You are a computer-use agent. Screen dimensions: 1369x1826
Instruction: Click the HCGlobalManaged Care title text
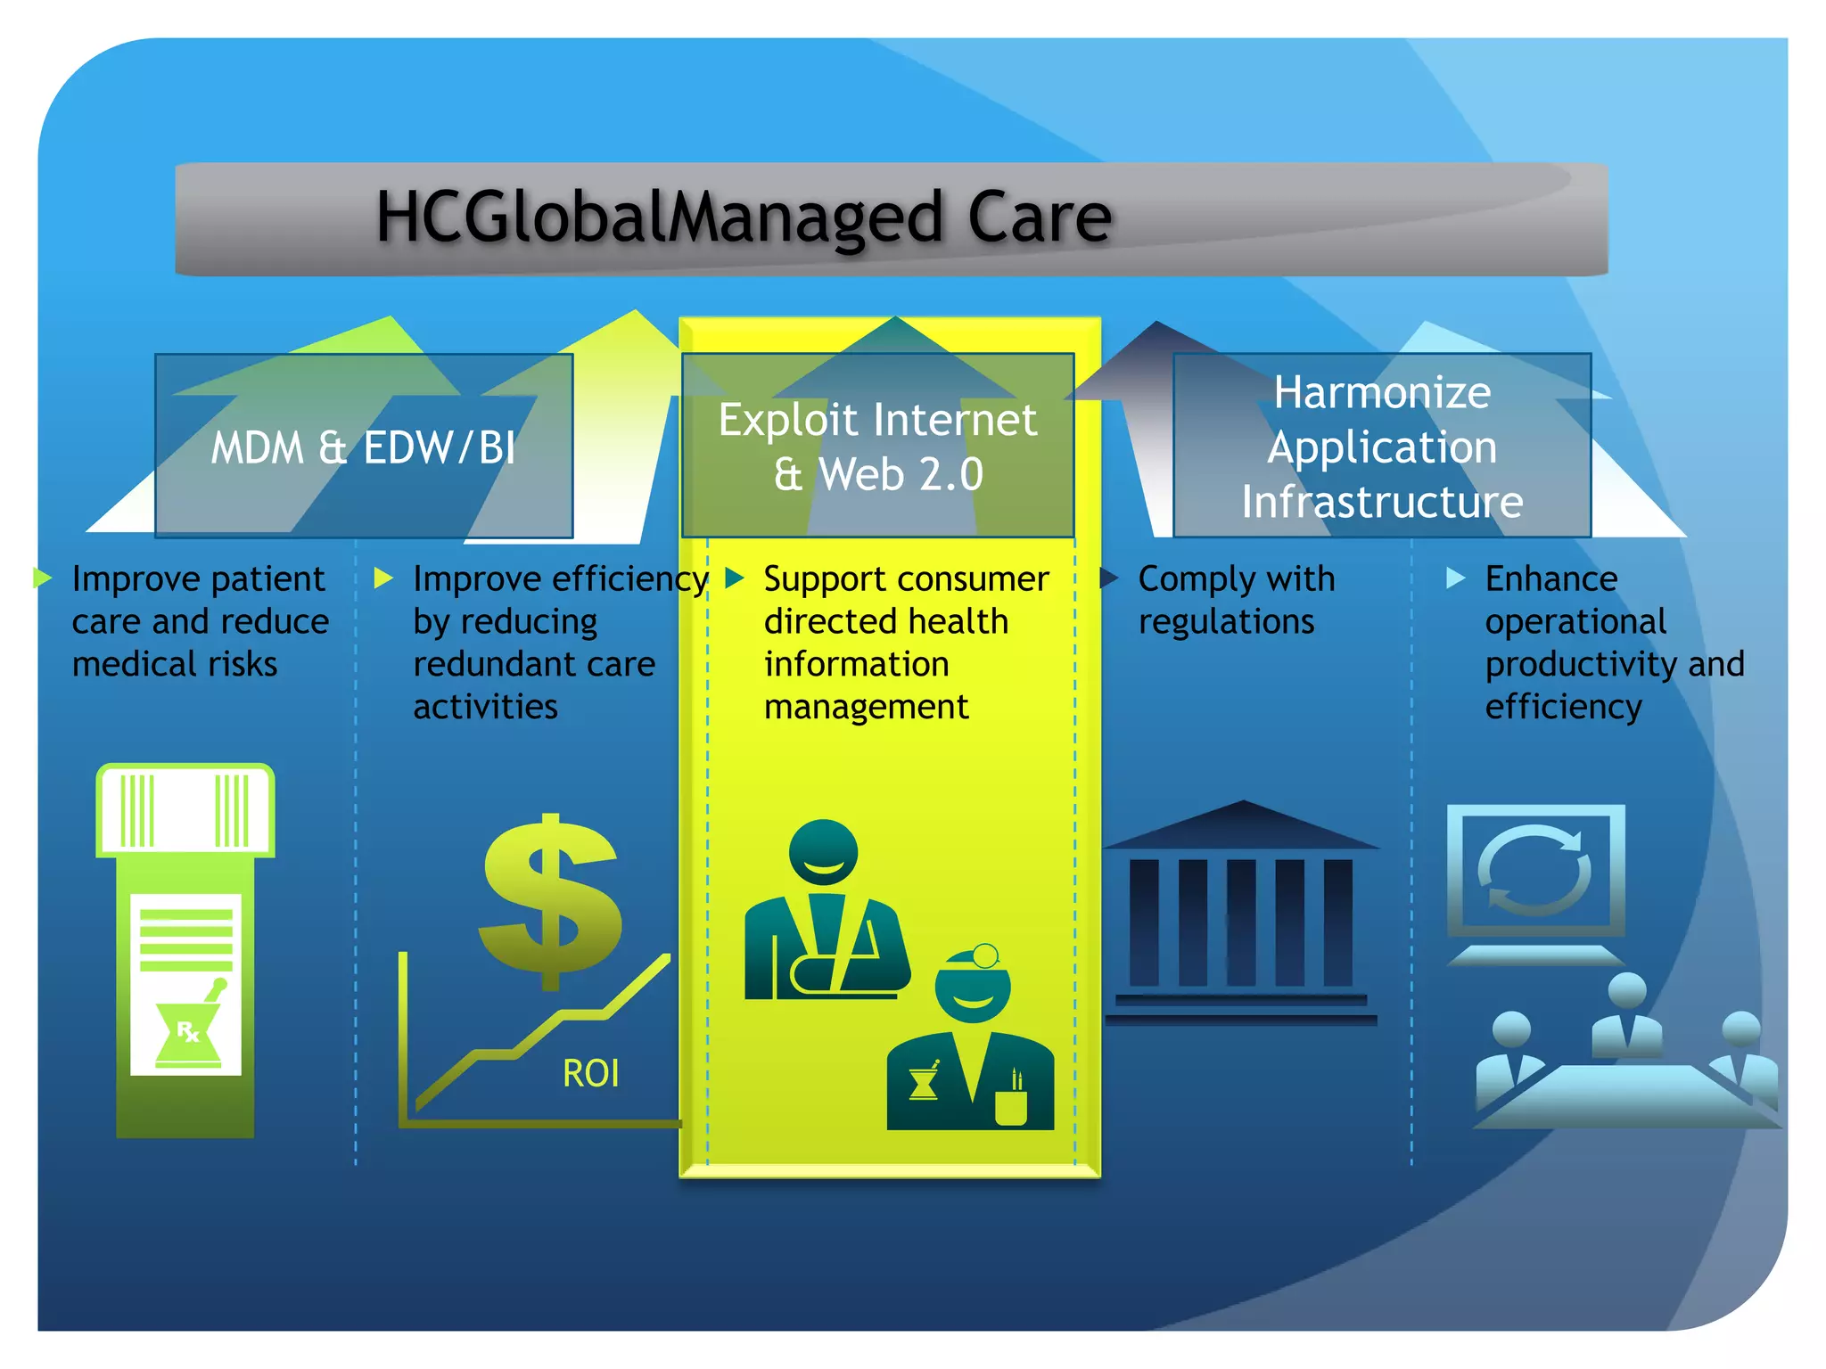pos(744,217)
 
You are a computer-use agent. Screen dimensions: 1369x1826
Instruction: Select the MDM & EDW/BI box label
pos(363,447)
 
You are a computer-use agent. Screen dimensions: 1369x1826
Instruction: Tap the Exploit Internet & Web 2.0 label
pos(877,447)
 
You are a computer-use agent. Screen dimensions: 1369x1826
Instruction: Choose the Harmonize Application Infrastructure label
pos(1382,447)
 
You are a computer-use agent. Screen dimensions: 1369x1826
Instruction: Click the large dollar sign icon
pos(551,900)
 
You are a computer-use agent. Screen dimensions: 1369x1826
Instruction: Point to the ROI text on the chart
pos(590,1073)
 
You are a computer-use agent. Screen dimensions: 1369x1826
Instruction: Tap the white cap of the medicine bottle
pos(185,809)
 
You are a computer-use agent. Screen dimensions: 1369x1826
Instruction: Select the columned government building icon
pos(1241,914)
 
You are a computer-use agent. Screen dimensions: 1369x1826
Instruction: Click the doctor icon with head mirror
pos(972,1043)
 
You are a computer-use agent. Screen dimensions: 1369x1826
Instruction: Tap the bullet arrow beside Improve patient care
pos(42,578)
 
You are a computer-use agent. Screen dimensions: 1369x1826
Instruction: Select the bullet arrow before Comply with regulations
pos(1108,578)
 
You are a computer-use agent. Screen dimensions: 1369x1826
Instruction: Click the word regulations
pos(1226,621)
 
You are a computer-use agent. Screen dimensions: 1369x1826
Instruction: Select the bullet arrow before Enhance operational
pos(1455,578)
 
